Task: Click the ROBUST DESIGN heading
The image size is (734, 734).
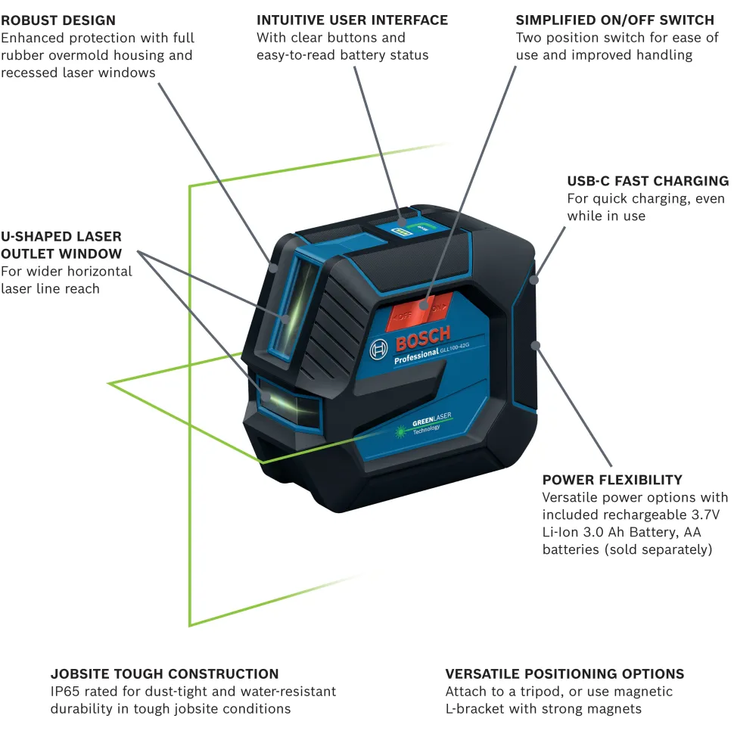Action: coord(58,20)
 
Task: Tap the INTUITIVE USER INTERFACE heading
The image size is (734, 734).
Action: coord(352,20)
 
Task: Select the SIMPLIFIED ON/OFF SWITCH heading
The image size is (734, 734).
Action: coord(614,20)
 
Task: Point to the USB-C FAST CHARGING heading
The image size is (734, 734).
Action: coord(648,181)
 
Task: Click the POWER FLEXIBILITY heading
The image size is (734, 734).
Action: coord(612,480)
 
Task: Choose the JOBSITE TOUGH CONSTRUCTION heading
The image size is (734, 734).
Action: coord(164,673)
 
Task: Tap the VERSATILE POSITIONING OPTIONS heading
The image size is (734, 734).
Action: coord(564,673)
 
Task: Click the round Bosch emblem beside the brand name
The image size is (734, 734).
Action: coord(379,349)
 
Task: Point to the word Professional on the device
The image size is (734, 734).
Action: coord(417,355)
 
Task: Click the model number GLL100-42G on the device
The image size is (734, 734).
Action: coord(456,347)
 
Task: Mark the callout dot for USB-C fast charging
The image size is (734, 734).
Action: coord(534,279)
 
